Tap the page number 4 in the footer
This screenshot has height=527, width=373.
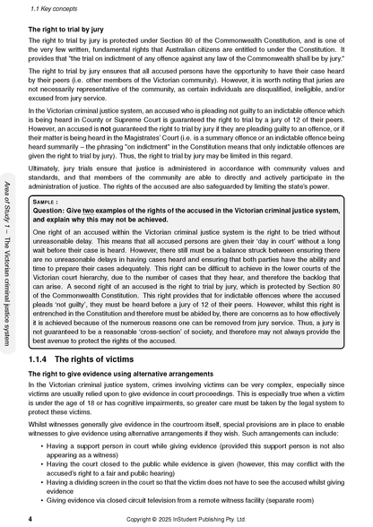point(30,518)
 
